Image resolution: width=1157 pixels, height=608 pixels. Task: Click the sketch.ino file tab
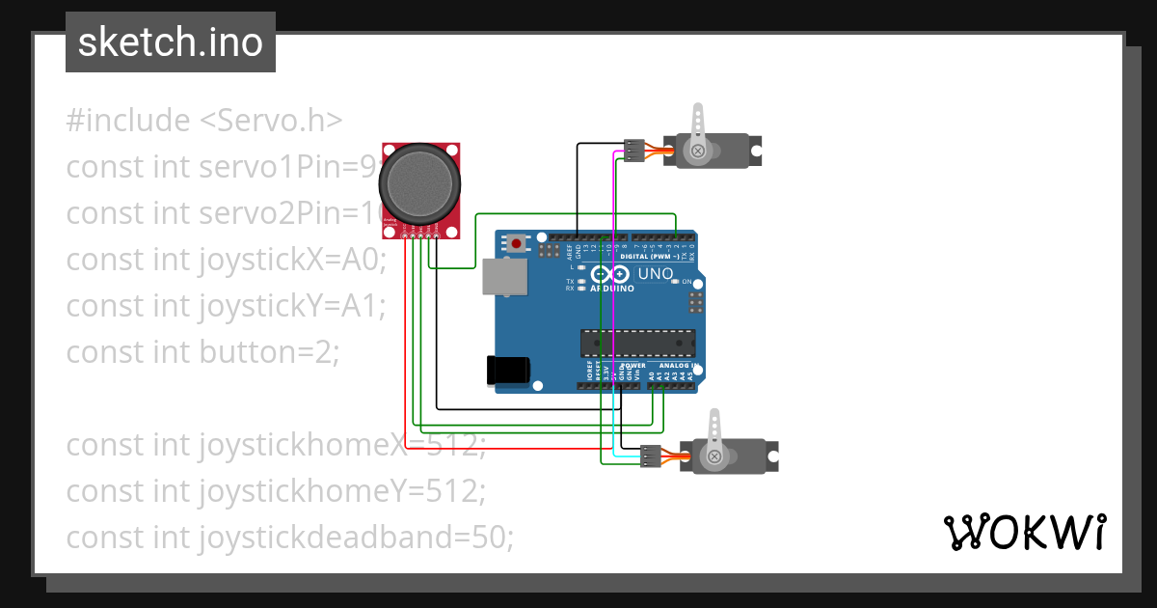(x=171, y=42)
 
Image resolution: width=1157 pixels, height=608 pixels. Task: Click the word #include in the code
(x=128, y=121)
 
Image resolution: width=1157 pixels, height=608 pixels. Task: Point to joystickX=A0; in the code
(x=292, y=260)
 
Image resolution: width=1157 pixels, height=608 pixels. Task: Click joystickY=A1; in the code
(x=292, y=306)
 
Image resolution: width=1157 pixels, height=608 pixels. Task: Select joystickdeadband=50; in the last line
(x=357, y=538)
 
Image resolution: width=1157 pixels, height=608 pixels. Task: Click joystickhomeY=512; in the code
(x=342, y=491)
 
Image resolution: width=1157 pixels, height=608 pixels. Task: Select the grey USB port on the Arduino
(x=505, y=276)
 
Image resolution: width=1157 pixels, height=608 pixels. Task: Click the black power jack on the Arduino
(x=509, y=371)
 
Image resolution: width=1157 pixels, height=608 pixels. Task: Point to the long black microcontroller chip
(x=636, y=343)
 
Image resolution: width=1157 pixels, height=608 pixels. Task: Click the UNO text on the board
(x=656, y=274)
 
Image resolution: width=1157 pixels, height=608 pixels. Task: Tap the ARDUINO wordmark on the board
(x=611, y=289)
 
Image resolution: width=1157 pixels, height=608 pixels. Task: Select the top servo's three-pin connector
(x=633, y=152)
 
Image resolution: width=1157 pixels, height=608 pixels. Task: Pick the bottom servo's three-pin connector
(x=651, y=456)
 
